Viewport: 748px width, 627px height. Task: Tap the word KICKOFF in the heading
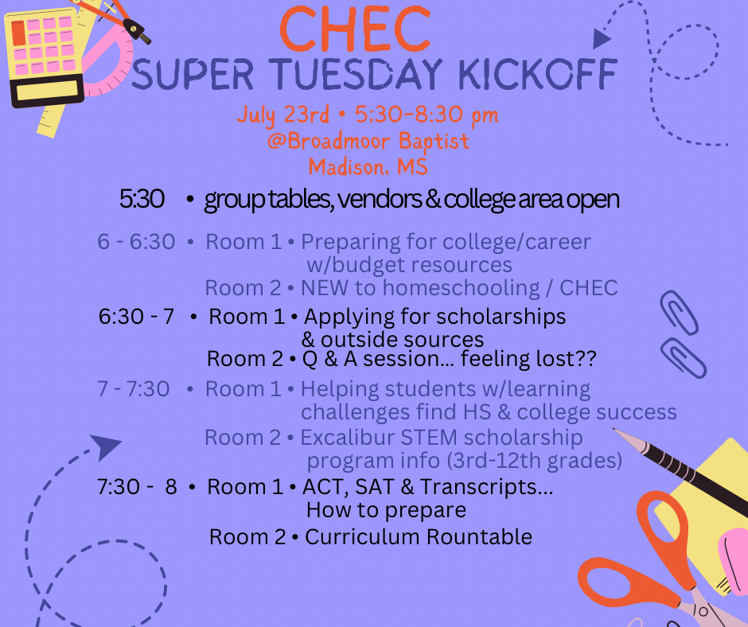coord(538,74)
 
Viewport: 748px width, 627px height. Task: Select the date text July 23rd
coord(282,115)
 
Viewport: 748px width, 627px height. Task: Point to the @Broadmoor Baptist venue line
coord(368,142)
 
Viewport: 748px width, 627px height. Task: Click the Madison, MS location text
coord(368,167)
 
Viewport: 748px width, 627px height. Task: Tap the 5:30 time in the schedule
coord(142,198)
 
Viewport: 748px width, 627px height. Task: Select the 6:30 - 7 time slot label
coord(136,317)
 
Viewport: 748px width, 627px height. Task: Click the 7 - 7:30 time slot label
coord(134,389)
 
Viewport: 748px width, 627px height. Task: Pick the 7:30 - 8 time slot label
coord(137,487)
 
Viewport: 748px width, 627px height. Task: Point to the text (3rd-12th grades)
coord(535,461)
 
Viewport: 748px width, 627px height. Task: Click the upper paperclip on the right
coord(679,313)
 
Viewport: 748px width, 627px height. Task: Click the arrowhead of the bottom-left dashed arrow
coord(105,446)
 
